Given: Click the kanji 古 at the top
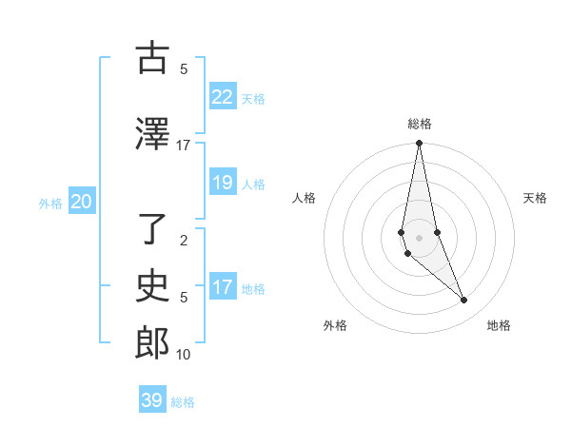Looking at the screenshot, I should point(151,58).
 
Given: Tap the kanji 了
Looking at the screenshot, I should point(151,227).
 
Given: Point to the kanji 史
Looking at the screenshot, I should point(151,285).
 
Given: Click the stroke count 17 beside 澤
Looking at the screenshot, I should point(184,145).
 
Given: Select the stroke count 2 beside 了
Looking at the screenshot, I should point(184,240).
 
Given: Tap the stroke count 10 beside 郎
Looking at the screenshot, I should point(184,354).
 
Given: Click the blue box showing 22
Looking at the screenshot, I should point(222,97).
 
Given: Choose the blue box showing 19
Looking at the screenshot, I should point(222,183).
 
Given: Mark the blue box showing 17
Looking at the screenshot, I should point(222,287).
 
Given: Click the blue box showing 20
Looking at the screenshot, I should point(82,202).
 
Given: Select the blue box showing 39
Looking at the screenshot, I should point(151,400).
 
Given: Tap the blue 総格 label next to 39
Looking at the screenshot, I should point(184,402).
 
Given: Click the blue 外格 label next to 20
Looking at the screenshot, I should point(50,203).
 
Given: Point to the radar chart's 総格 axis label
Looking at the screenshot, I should point(419,124).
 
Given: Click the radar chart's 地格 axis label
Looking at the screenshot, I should point(499,325).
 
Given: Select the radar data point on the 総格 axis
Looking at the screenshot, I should point(419,144).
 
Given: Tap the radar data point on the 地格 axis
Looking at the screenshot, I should point(464,301).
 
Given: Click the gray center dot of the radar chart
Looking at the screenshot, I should point(419,237).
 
